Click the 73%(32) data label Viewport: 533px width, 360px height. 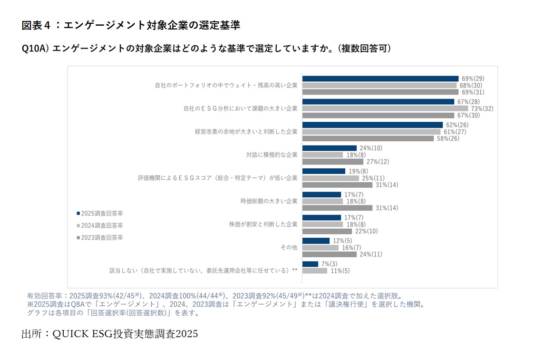[x=482, y=108]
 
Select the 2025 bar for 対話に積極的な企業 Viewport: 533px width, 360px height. [x=329, y=148]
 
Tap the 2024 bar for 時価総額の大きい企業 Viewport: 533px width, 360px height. [x=322, y=201]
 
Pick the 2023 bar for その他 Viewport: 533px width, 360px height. [x=329, y=254]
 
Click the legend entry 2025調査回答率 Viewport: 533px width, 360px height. [x=99, y=214]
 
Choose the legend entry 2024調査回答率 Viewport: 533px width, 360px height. [x=99, y=225]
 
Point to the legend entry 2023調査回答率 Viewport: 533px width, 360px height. [x=99, y=237]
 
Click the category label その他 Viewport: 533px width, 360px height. [x=289, y=247]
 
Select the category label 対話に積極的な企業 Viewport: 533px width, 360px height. [x=271, y=155]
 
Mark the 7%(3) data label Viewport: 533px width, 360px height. [x=329, y=264]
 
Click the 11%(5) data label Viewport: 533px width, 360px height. [x=340, y=271]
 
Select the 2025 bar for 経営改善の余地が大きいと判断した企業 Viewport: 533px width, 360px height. [x=372, y=125]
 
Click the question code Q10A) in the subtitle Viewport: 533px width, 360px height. [x=35, y=49]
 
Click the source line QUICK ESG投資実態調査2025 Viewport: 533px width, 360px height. [x=109, y=334]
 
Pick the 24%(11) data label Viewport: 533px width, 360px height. [x=371, y=254]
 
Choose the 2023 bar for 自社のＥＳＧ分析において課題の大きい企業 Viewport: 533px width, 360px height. [x=378, y=115]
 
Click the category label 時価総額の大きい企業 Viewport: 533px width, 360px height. [x=269, y=201]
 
